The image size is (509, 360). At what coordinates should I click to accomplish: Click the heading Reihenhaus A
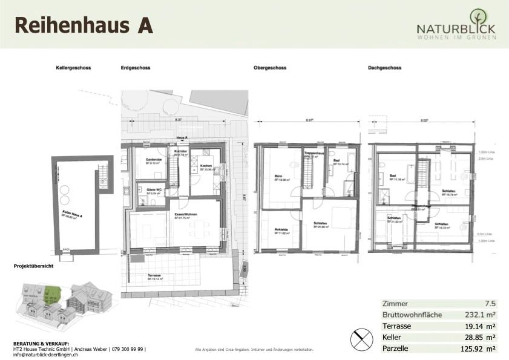point(83,25)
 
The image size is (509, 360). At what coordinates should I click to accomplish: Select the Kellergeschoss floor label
point(73,68)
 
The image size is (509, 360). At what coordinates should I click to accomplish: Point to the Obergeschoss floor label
point(270,68)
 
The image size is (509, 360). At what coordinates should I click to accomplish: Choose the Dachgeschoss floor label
point(384,68)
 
